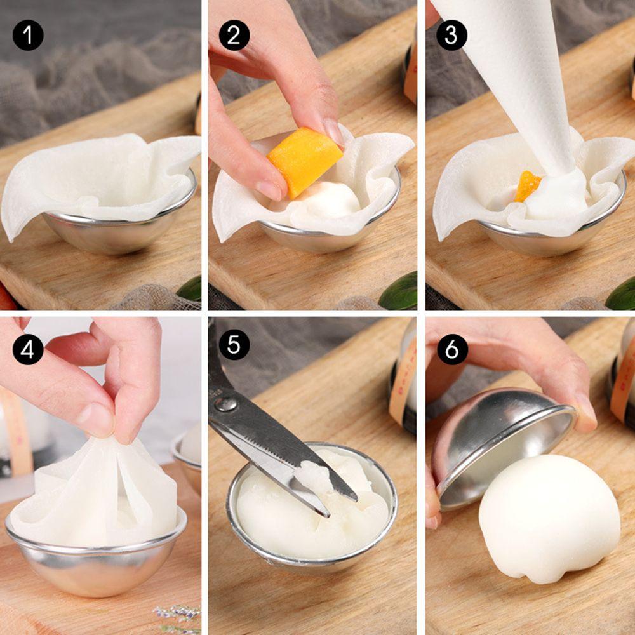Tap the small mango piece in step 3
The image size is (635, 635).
point(527,186)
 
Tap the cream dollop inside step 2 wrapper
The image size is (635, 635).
point(330,200)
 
